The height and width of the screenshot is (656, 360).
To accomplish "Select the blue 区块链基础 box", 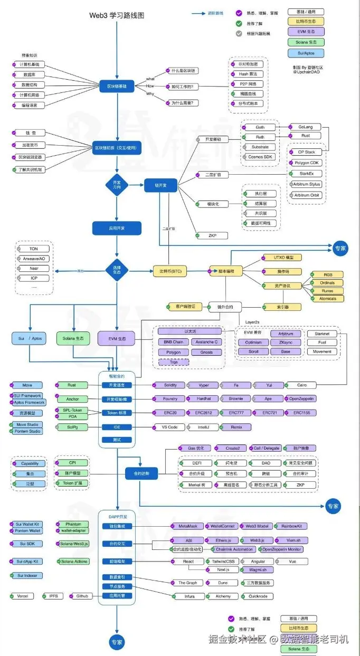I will [117, 86].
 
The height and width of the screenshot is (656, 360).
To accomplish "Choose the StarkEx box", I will [308, 173].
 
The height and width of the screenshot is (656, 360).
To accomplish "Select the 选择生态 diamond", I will [117, 271].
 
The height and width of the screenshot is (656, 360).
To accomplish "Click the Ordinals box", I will [327, 283].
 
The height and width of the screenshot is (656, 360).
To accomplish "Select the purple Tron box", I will [174, 362].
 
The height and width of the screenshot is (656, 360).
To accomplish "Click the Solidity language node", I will [170, 385].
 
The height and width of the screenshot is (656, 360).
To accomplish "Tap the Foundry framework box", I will [170, 399].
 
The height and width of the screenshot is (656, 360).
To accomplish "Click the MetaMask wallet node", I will [188, 526].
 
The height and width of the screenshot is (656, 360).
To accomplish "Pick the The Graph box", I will [188, 583].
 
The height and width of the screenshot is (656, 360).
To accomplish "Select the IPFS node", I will [53, 596].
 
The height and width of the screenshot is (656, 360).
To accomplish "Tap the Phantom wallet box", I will [73, 524].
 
